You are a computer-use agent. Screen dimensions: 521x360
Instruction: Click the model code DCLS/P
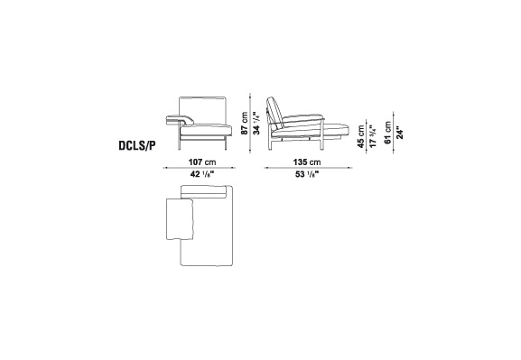[x=137, y=146]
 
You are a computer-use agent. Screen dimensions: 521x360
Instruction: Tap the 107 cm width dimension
[x=202, y=162]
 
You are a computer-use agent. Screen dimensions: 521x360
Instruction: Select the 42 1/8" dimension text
[x=202, y=174]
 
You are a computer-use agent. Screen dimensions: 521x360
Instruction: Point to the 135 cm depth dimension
[x=307, y=162]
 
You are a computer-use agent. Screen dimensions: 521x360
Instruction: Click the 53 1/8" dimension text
[x=307, y=174]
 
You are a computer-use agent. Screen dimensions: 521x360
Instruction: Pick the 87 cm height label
[x=245, y=123]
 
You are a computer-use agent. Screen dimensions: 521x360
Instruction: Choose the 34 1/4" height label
[x=256, y=123]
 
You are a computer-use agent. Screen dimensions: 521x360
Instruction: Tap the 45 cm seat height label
[x=361, y=136]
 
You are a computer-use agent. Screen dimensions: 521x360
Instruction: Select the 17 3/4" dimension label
[x=373, y=136]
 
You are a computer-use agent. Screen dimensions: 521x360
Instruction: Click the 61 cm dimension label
[x=387, y=133]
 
